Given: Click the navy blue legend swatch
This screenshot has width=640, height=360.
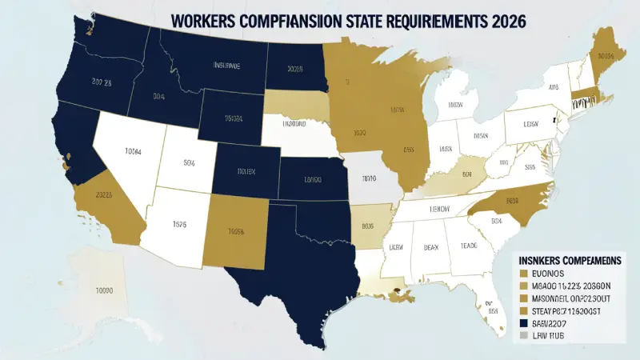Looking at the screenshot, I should (x=524, y=322).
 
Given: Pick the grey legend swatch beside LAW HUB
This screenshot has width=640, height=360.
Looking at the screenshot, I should (x=524, y=336).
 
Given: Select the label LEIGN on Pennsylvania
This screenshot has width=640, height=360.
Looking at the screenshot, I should (x=531, y=125).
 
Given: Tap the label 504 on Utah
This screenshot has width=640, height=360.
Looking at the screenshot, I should (x=190, y=164).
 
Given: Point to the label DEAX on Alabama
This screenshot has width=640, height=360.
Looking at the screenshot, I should (x=430, y=247).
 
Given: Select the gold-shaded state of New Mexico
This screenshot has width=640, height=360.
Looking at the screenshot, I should (x=234, y=232).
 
